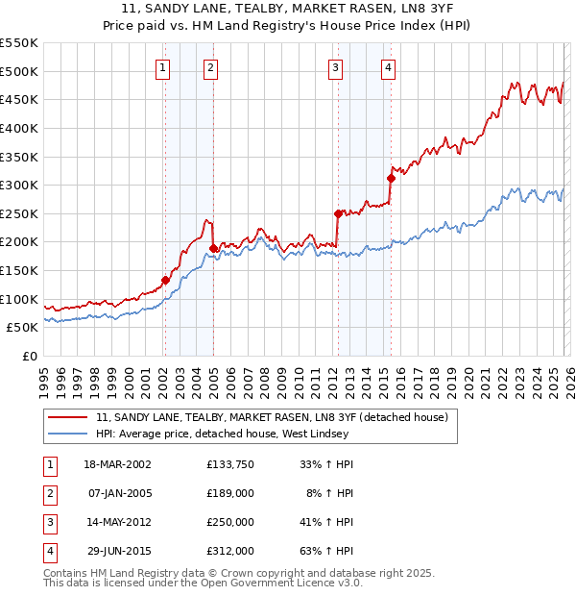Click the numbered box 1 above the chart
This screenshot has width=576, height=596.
tap(163, 67)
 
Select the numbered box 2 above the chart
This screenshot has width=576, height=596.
tap(210, 67)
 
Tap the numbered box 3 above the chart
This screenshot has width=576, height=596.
tap(336, 67)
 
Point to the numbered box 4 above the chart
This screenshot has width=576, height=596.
tap(388, 67)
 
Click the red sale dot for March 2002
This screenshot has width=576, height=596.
tap(165, 280)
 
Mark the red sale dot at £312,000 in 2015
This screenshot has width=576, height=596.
tap(391, 178)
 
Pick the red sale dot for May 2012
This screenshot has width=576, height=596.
tap(338, 213)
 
